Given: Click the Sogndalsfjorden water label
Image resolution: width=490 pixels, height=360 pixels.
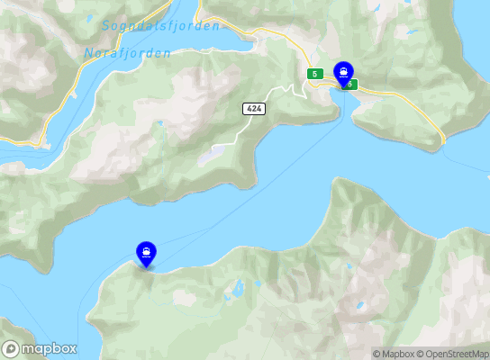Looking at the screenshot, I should coord(160,26).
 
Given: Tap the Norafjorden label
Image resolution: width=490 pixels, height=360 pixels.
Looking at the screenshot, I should coord(127,53).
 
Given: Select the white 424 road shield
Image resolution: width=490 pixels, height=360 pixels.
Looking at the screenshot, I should coord(253,108).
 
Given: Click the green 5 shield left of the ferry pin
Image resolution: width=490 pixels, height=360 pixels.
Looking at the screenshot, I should coord(314,73).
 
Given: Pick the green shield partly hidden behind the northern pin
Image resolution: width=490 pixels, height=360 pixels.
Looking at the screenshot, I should coord(351,85).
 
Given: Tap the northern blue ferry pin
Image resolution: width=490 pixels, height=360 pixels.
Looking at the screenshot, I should coord(343,73).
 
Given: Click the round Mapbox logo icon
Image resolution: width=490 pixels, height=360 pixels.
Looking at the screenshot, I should coord(12,349).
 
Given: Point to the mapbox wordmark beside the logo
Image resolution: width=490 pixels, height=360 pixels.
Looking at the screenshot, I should coord(49,349).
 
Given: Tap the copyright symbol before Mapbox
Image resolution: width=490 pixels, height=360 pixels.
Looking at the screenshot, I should coord(377,354).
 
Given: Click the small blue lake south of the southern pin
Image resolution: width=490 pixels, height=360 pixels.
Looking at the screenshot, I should coord(238,290).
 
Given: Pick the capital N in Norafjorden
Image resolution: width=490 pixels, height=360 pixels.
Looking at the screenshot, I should coord(87,53).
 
